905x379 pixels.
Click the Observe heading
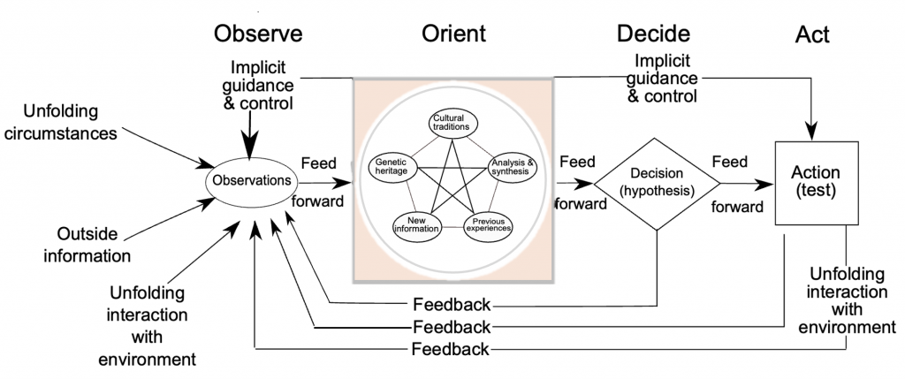tap(258, 34)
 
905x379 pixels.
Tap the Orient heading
tap(453, 34)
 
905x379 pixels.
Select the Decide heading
tap(653, 34)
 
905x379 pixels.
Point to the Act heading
tap(812, 34)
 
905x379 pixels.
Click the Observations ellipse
tap(252, 181)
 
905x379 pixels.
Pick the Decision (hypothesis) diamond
tap(657, 184)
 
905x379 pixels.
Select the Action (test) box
tap(817, 183)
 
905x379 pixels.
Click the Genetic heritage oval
tap(392, 166)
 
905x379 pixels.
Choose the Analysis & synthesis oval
tap(513, 167)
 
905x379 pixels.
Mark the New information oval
tap(417, 224)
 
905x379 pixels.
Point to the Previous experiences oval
tap(488, 224)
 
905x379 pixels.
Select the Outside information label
tap(87, 245)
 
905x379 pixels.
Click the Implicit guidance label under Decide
tap(662, 77)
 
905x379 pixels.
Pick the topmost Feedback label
tap(452, 304)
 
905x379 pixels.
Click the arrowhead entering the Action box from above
tap(813, 133)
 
